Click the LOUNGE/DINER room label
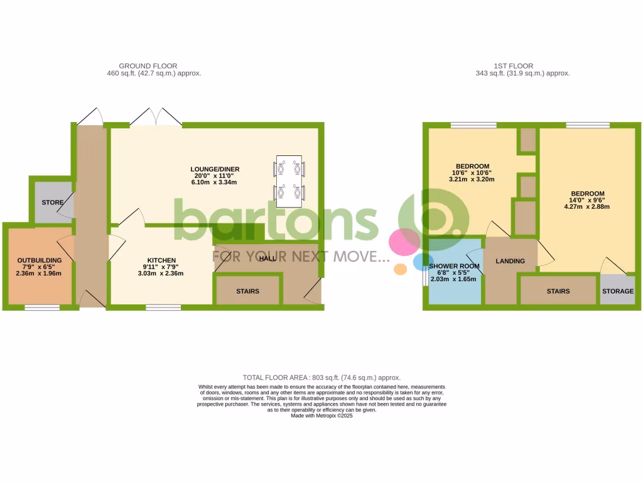point(215,169)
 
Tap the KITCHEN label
point(161,260)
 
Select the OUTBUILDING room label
point(39,260)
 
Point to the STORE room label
point(53,203)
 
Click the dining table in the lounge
point(289,181)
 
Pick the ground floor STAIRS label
point(248,292)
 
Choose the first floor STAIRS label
point(558,291)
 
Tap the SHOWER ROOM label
point(454,267)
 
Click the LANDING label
point(510,261)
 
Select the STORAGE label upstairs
point(617,291)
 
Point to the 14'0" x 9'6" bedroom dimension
point(587,200)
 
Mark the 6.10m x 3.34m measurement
point(215,182)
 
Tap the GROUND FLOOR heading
point(148,65)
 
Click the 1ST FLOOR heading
point(513,65)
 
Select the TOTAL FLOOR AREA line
point(321,377)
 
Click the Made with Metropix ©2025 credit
point(321,415)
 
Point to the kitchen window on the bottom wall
point(163,308)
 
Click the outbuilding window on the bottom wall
point(42,308)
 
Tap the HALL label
point(268,258)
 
